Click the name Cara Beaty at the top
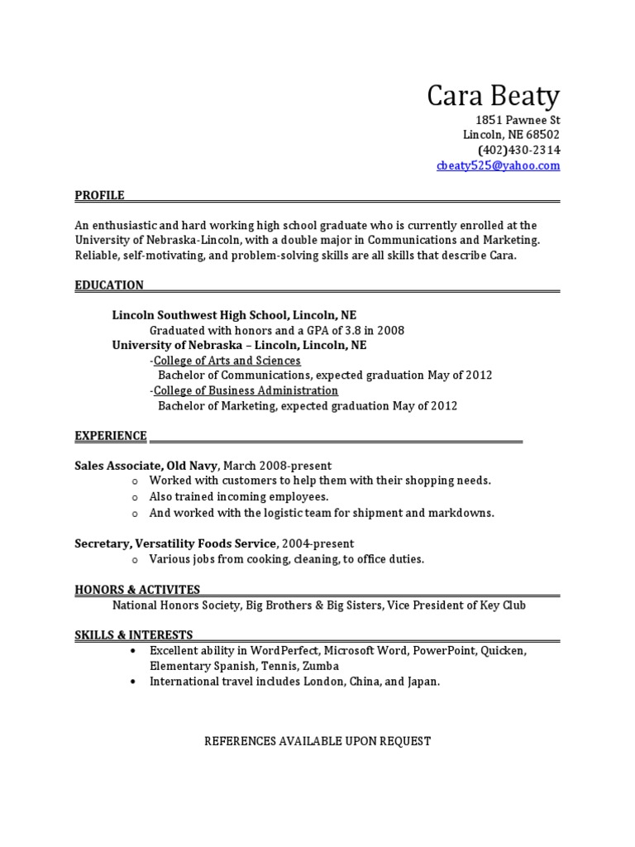coord(493,97)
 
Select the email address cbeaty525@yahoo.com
coord(498,165)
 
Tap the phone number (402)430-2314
coord(518,150)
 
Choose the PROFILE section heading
coord(99,195)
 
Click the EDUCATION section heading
coord(109,285)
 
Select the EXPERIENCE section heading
coord(111,436)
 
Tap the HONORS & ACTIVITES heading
coord(137,590)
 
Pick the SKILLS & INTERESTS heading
coord(134,635)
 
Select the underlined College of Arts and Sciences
coord(227,361)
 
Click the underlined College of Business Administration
coord(246,390)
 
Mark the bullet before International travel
coord(133,682)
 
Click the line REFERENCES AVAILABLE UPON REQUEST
coord(317,741)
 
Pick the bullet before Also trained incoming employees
coord(134,497)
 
